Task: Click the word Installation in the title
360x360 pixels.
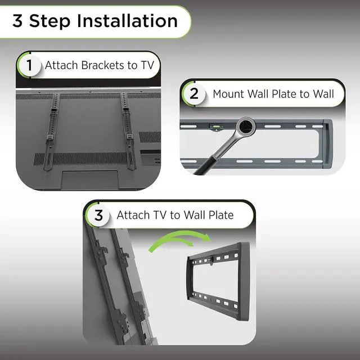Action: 128,21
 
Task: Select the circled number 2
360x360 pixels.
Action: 194,93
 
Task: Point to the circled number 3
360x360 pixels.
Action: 98,215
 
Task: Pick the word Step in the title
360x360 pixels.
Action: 50,21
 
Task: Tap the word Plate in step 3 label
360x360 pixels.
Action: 218,215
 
